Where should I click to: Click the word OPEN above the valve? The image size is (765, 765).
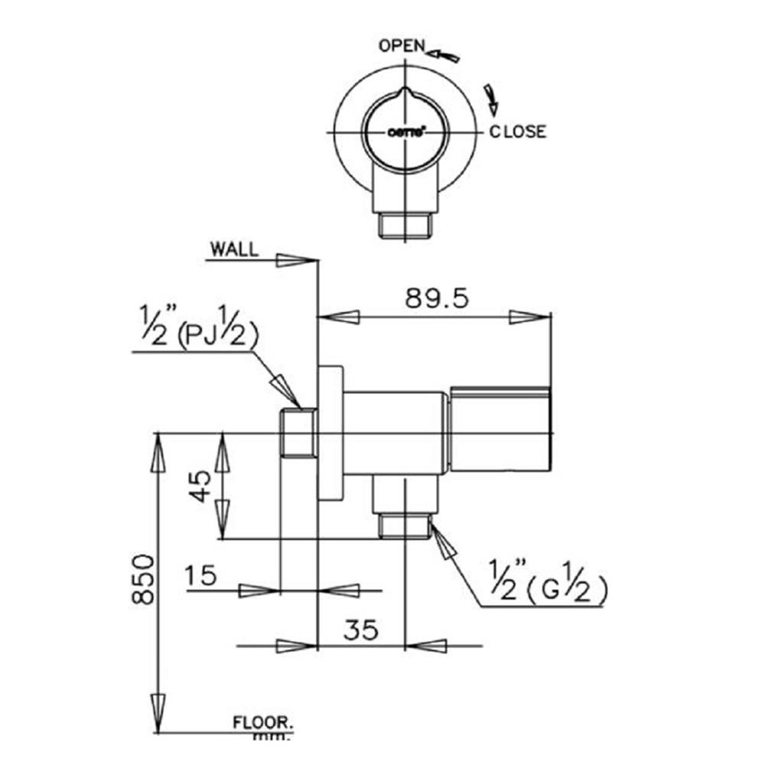point(402,46)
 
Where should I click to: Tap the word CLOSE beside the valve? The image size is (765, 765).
point(518,132)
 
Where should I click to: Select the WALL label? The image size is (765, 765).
point(234,249)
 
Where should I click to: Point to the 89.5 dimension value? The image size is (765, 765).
point(436,298)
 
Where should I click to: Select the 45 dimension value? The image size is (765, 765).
point(200,486)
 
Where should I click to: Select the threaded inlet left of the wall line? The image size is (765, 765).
point(298,434)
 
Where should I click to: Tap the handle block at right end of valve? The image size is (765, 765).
point(500,428)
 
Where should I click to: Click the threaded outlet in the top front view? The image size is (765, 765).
point(405,226)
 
